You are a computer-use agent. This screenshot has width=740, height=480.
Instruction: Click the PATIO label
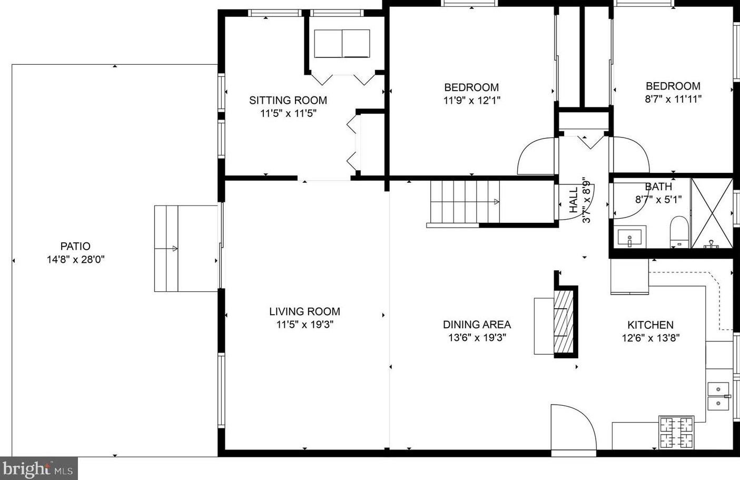(x=75, y=246)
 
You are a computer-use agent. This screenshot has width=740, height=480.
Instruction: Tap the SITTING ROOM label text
(x=288, y=100)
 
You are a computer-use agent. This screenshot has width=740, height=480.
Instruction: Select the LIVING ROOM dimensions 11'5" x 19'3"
(x=304, y=325)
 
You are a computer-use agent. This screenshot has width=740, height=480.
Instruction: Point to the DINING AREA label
(x=477, y=325)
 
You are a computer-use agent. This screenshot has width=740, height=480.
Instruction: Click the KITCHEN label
(x=650, y=325)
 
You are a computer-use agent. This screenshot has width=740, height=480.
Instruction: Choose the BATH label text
(x=658, y=187)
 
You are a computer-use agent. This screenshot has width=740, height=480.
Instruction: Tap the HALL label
(x=574, y=200)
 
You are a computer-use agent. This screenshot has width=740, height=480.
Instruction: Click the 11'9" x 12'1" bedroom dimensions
(x=472, y=100)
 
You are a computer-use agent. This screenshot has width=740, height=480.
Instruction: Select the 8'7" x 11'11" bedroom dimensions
(x=673, y=99)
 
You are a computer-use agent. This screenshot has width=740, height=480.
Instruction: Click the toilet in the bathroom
(x=679, y=232)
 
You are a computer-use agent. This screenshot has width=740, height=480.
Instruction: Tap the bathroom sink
(x=630, y=237)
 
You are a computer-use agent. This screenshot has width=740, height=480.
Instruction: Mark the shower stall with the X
(x=712, y=213)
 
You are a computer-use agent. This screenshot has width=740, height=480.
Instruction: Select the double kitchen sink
(x=718, y=396)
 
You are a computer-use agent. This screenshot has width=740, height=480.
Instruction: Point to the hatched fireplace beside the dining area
(x=563, y=321)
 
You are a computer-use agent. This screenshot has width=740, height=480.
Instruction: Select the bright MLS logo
(x=38, y=468)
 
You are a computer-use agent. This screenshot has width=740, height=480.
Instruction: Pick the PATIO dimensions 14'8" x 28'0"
(x=75, y=260)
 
